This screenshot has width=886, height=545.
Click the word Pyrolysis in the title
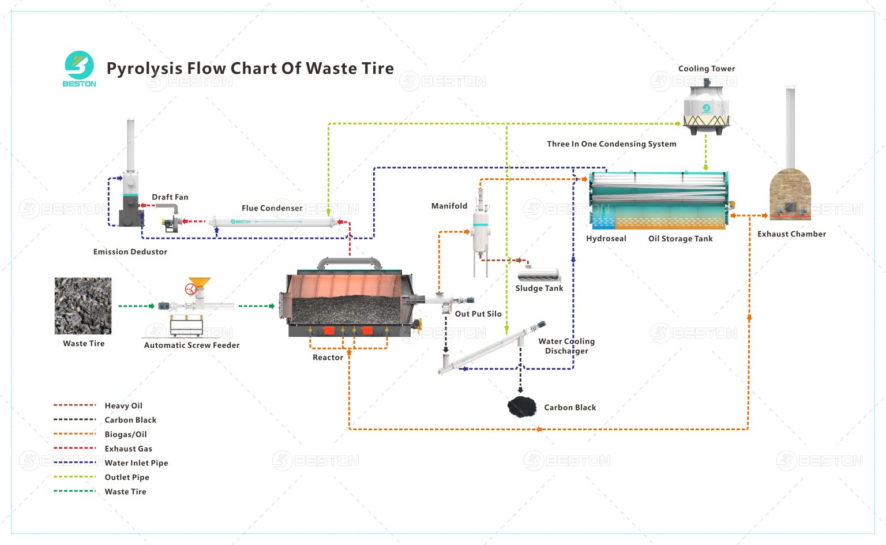144,69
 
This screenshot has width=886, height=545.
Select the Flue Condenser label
272,208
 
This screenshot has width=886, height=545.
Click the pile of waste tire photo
83,306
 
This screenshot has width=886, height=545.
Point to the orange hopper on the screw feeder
200,283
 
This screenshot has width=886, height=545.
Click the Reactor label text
328,358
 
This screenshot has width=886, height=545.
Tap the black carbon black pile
521,407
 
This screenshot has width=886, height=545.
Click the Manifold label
449,206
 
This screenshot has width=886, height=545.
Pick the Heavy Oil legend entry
123,406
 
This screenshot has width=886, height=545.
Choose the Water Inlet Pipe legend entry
136,463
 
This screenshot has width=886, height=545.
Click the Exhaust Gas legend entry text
128,449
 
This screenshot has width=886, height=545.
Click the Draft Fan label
170,197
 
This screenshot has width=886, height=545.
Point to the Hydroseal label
606,239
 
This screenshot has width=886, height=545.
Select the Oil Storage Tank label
680,239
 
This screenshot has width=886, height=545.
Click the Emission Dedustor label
130,252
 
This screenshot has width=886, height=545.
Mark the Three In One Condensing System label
611,144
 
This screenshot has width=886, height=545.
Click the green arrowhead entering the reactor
272,306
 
